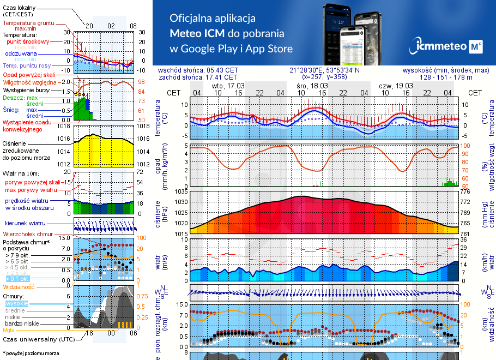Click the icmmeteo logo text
(440, 47)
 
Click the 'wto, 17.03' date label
(228, 86)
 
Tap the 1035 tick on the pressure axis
(181, 192)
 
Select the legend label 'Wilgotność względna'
(29, 82)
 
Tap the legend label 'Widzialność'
(19, 286)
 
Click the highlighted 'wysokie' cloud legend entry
(16, 303)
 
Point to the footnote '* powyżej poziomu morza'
(31, 353)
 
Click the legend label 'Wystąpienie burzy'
(28, 89)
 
